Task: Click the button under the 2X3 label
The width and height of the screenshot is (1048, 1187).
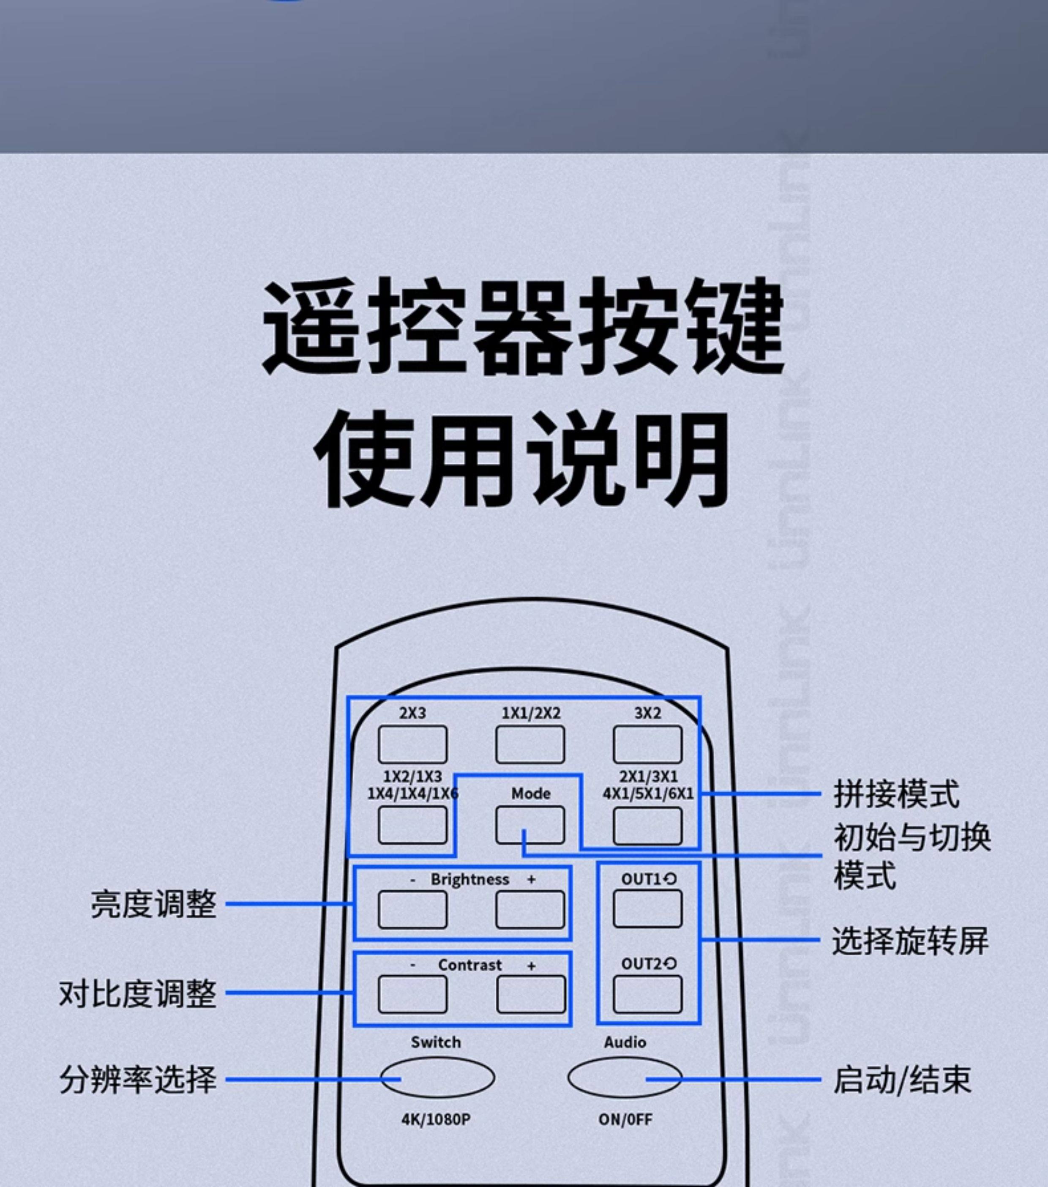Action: coord(412,744)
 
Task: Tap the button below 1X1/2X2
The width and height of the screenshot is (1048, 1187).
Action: coord(529,744)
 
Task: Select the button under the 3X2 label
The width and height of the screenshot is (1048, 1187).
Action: coord(647,744)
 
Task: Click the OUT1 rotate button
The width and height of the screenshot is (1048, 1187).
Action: coord(647,909)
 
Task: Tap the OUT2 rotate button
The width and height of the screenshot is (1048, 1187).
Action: coord(647,994)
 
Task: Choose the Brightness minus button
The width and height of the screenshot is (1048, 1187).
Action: coord(412,909)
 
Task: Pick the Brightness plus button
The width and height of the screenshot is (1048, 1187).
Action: coord(529,909)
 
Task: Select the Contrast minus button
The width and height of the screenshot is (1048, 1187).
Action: coord(412,994)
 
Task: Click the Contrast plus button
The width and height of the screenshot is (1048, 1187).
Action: coord(531,994)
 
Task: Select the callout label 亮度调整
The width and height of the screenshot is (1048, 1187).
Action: coord(154,904)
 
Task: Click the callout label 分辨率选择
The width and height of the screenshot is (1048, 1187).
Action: coord(138,1080)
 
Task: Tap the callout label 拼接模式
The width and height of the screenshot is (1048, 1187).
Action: coord(896,793)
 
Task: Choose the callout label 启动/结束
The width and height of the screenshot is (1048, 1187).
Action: coord(902,1080)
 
